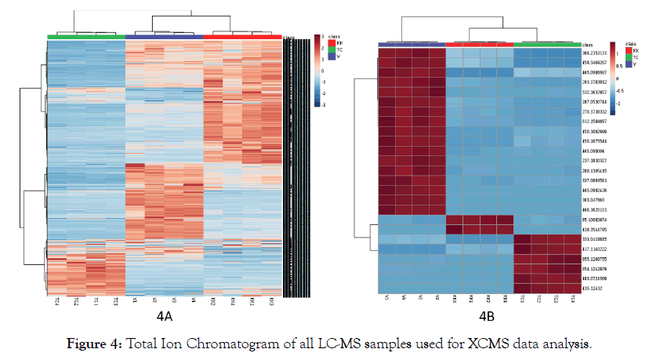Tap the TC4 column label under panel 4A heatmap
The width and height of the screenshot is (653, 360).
57,301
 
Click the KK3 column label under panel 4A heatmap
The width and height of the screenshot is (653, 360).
271,301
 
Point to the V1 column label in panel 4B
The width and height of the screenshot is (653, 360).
387,299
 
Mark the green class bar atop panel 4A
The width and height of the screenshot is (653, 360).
85,36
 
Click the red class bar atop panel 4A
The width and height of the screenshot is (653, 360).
242,36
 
